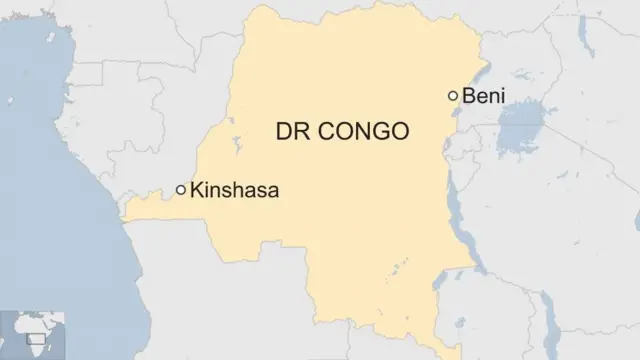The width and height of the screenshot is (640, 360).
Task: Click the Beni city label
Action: click(483, 96)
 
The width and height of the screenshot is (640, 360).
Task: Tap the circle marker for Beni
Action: click(453, 96)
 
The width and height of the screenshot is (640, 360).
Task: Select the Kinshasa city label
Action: click(234, 189)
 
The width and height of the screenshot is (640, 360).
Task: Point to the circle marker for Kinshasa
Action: click(181, 189)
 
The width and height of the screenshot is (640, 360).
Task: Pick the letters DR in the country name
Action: click(291, 131)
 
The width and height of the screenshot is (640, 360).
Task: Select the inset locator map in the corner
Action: click(33, 335)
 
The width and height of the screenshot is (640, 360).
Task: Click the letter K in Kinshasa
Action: click(197, 189)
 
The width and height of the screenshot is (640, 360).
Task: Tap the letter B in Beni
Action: click(468, 96)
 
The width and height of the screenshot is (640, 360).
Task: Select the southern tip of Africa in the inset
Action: click(40, 352)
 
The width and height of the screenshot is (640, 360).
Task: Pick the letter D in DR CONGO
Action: click(283, 131)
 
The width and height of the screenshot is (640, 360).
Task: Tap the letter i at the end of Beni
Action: click(502, 96)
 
